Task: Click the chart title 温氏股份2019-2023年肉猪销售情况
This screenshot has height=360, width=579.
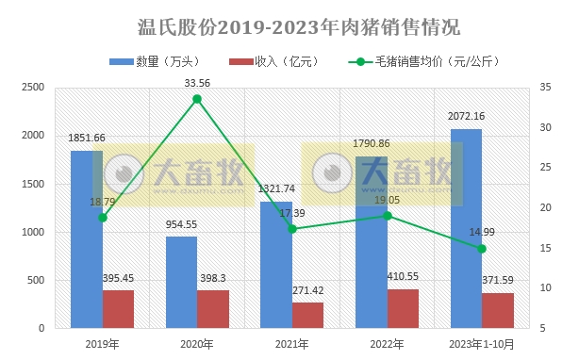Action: (x=289, y=25)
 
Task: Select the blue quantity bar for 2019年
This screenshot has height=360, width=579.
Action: (x=87, y=239)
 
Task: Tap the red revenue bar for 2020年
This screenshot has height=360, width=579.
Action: (x=213, y=309)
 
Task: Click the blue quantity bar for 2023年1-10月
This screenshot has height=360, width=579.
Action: (x=466, y=229)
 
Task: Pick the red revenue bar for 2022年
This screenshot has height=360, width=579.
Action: (x=403, y=308)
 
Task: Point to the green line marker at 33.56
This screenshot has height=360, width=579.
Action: (x=197, y=98)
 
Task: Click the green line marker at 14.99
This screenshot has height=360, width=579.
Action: (x=482, y=249)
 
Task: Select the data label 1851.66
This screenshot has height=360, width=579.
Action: (x=87, y=138)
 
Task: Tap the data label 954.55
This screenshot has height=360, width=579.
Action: (x=182, y=224)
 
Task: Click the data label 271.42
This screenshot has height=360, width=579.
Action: (x=308, y=290)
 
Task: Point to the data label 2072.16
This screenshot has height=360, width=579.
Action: (x=466, y=116)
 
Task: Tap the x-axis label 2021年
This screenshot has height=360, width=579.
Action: (x=292, y=345)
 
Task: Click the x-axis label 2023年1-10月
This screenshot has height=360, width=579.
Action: (x=482, y=345)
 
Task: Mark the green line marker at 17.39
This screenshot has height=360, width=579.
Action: (x=292, y=229)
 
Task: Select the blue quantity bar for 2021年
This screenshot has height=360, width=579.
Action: (x=276, y=265)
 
